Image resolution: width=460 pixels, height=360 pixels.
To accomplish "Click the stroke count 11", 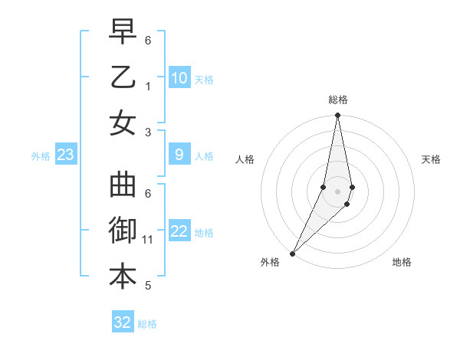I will tap(147, 240).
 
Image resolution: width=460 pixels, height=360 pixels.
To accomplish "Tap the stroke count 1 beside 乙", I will tap(147, 87).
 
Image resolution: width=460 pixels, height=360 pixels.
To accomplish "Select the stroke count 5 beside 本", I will tap(147, 286).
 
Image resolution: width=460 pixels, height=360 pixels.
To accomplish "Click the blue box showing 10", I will tap(179, 78).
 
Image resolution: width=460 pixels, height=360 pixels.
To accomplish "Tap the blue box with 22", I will tap(179, 232).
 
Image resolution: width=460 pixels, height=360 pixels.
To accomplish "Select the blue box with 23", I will tap(65, 155).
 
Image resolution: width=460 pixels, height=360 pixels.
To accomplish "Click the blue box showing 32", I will tap(123, 322).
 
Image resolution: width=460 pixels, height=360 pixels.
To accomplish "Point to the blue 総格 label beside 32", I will tap(148, 324).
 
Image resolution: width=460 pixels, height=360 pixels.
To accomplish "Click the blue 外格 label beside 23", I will tap(41, 156).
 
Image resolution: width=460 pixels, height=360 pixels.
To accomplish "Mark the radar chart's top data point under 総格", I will tap(337, 116).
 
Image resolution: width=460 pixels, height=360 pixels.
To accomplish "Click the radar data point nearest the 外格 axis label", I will tap(293, 253).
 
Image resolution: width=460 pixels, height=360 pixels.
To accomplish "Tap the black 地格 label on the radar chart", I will tap(402, 262).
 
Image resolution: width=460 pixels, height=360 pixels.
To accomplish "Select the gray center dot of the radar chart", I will tap(337, 191).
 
